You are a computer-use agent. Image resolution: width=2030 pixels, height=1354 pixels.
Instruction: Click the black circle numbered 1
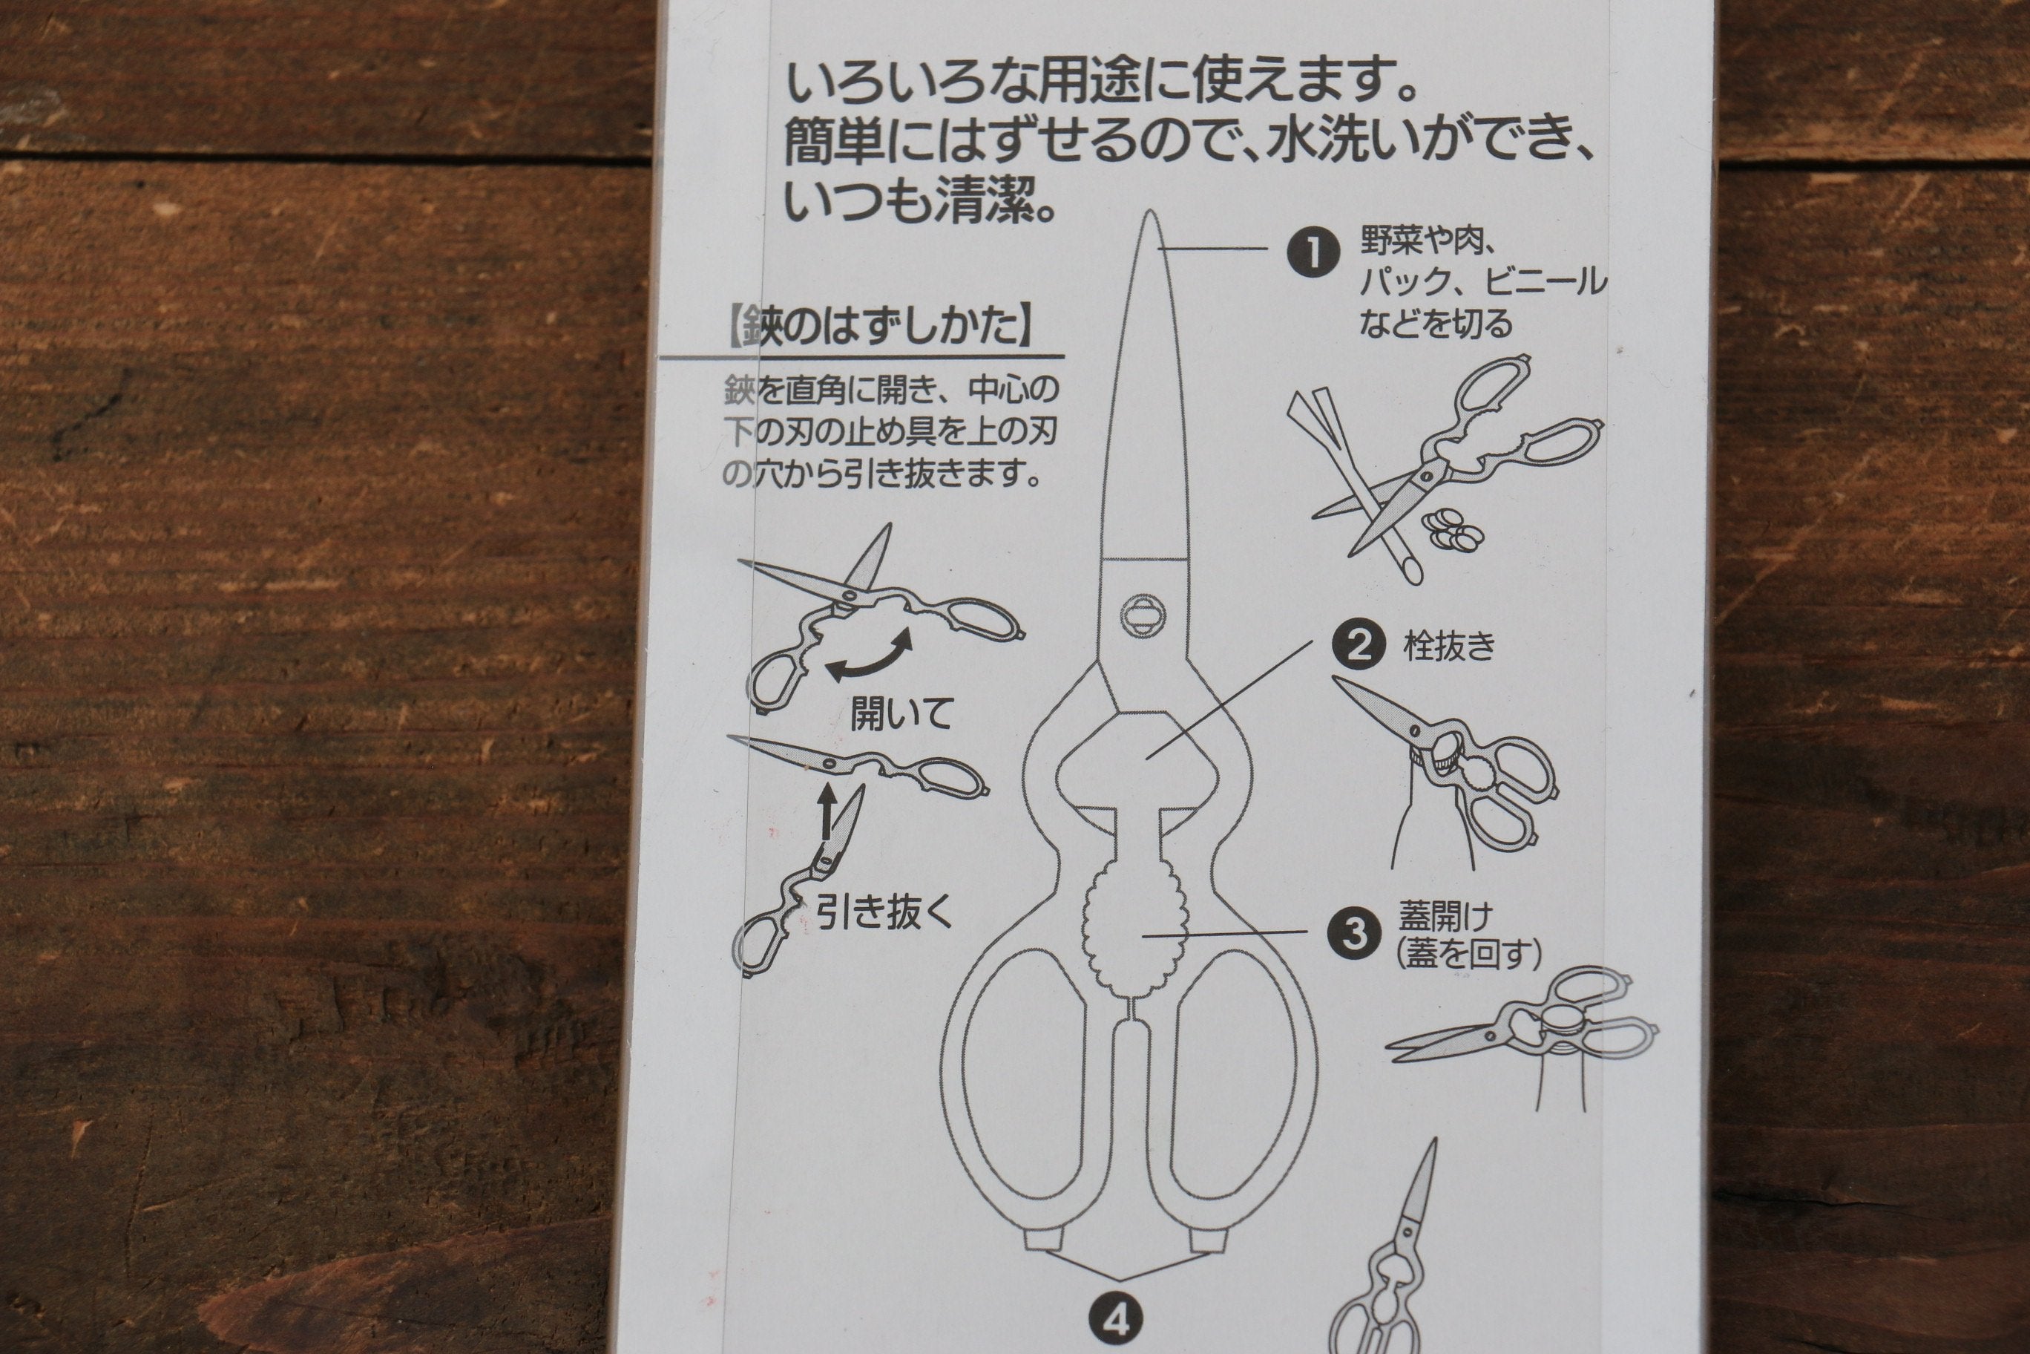1312,252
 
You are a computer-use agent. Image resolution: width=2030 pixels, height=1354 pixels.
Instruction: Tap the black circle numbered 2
1359,645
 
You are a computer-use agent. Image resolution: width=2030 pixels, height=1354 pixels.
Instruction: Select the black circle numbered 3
1355,933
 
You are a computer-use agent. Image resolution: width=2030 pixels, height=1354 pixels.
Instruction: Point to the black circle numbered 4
1116,1319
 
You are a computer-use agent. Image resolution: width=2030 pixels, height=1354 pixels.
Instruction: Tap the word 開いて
900,714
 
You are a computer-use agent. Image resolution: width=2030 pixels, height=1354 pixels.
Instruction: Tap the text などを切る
1436,323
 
